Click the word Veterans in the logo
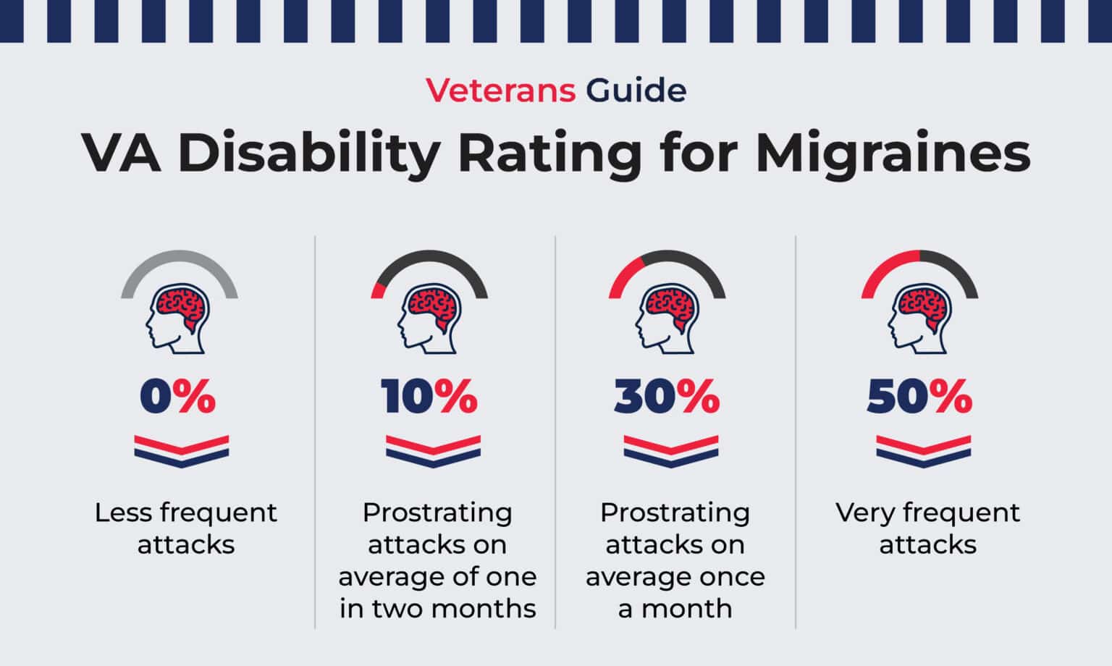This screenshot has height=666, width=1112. pyautogui.click(x=500, y=90)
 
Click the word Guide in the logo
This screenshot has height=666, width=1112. pyautogui.click(x=636, y=90)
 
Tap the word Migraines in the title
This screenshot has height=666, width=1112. pyautogui.click(x=893, y=153)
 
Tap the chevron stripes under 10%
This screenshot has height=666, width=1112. pyautogui.click(x=433, y=450)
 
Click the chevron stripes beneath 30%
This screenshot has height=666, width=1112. pyautogui.click(x=670, y=450)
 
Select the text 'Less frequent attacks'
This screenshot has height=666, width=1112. pyautogui.click(x=186, y=528)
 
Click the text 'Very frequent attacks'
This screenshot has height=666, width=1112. pyautogui.click(x=927, y=528)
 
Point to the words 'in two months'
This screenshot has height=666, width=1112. pyautogui.click(x=438, y=609)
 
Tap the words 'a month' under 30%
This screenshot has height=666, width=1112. pyautogui.click(x=675, y=609)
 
